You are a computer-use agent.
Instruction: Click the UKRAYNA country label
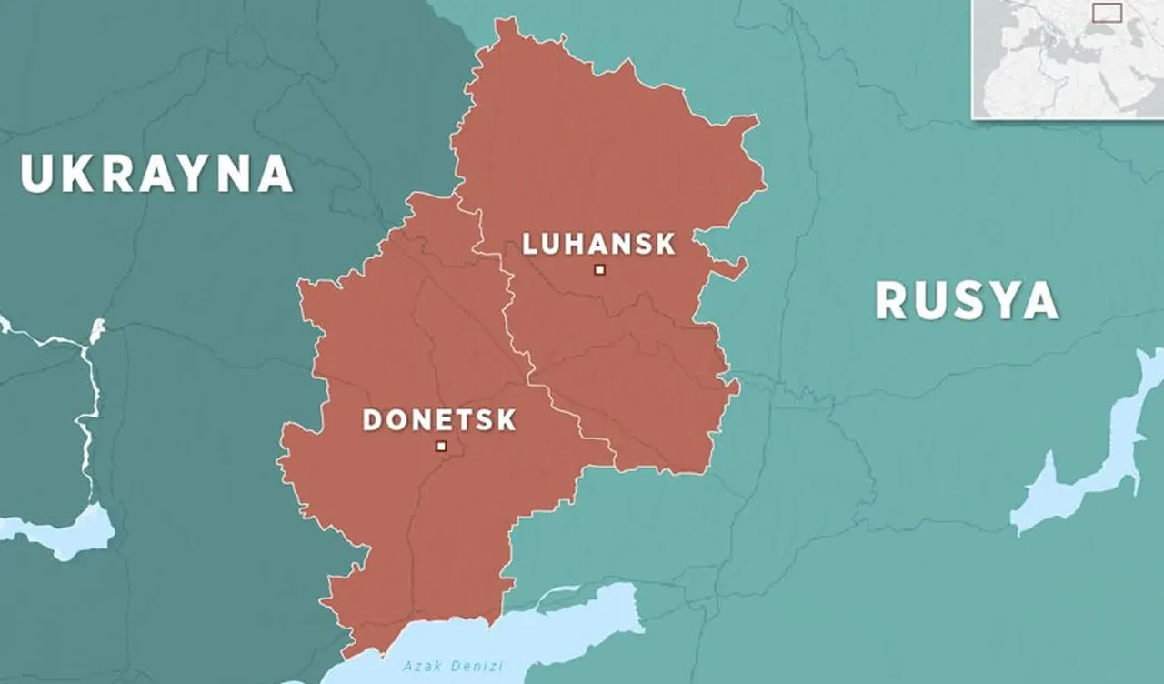pyautogui.click(x=156, y=173)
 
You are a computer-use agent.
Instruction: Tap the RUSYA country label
pyautogui.click(x=967, y=300)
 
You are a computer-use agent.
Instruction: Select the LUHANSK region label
pyautogui.click(x=598, y=244)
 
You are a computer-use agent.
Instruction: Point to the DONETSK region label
pyautogui.click(x=439, y=420)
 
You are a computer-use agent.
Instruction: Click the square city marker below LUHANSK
pyautogui.click(x=599, y=269)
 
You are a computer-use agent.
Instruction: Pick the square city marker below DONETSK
pyautogui.click(x=441, y=446)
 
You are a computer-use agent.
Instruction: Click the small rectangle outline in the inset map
pyautogui.click(x=1108, y=13)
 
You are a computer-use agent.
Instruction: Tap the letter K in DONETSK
pyautogui.click(x=506, y=420)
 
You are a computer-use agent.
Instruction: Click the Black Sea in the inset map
pyautogui.click(x=1099, y=30)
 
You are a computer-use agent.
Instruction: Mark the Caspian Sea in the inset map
pyautogui.click(x=1135, y=33)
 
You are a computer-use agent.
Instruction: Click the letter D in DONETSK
pyautogui.click(x=371, y=420)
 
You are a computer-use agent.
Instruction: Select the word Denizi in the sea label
pyautogui.click(x=482, y=667)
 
